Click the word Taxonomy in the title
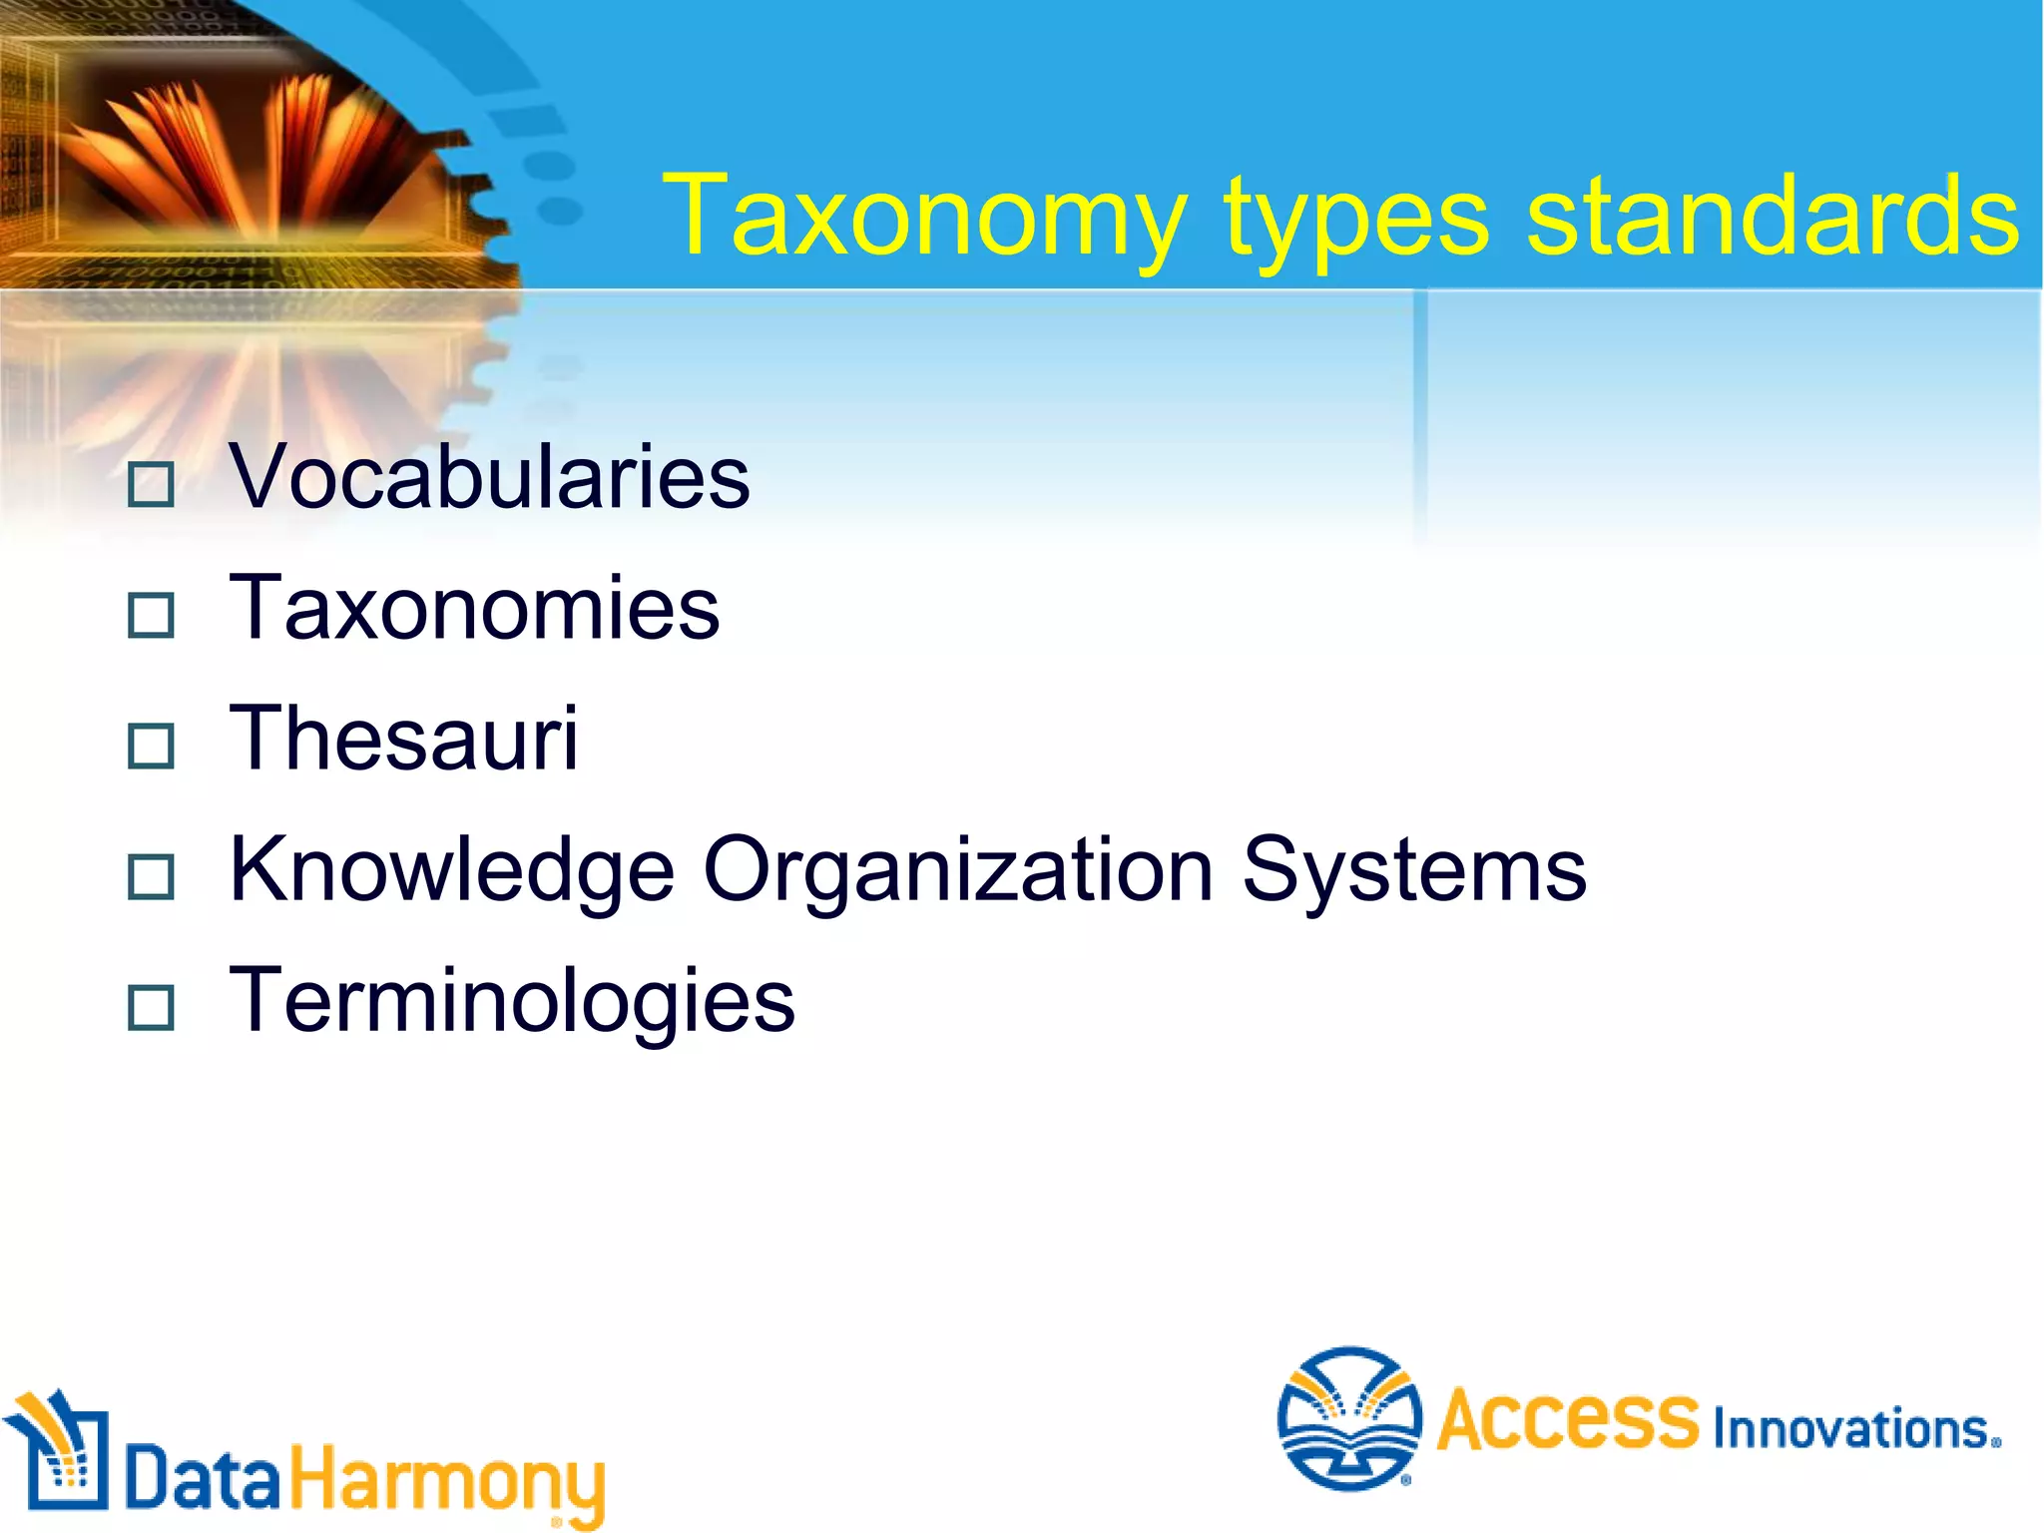pyautogui.click(x=924, y=217)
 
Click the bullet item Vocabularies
pyautogui.click(x=489, y=477)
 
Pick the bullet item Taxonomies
pyautogui.click(x=474, y=608)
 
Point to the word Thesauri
pyautogui.click(x=403, y=739)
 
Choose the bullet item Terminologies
pyautogui.click(x=512, y=1000)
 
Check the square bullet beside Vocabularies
pyautogui.click(x=152, y=485)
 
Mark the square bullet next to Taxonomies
pyautogui.click(x=152, y=616)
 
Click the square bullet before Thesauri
pyautogui.click(x=152, y=747)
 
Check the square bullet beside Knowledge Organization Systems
pyautogui.click(x=152, y=877)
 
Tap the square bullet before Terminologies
pyautogui.click(x=152, y=1008)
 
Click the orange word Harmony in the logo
pyautogui.click(x=447, y=1480)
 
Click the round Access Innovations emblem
pyautogui.click(x=1349, y=1418)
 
